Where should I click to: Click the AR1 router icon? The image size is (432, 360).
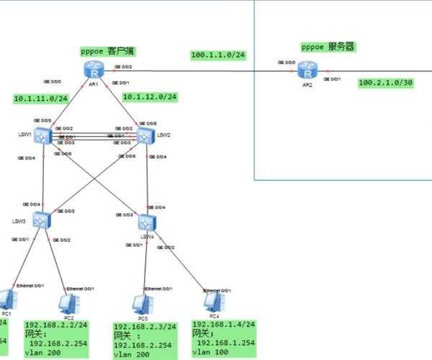pos(93,70)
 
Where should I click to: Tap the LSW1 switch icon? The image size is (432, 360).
pos(45,135)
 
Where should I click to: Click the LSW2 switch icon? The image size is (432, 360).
pos(145,135)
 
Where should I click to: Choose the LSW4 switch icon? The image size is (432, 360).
pos(147,222)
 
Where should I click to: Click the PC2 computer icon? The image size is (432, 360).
pos(69,304)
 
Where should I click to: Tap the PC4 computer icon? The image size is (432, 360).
pos(212,301)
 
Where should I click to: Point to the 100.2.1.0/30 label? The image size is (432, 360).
pos(386,83)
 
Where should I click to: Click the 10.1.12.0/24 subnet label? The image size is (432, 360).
pos(150,96)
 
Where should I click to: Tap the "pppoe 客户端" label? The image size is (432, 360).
pos(109,51)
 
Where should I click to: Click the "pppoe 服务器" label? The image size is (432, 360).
pos(328,47)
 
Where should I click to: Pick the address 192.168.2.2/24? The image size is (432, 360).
pos(55,325)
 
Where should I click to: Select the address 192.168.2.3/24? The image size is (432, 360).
pos(145,326)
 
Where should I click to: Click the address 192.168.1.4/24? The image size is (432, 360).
pos(223,324)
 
